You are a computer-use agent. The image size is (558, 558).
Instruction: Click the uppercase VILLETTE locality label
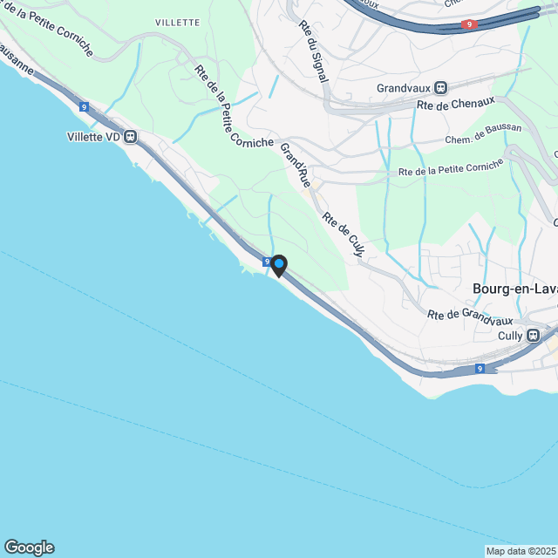(177, 22)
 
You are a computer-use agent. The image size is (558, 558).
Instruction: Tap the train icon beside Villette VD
(131, 136)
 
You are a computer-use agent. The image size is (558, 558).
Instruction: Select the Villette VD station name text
(93, 136)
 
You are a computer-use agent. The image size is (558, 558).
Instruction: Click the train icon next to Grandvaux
(441, 88)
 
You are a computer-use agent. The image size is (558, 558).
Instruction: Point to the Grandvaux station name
(404, 88)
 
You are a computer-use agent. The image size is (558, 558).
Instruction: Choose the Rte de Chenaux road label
(451, 106)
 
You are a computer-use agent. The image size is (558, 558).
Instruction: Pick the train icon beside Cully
(538, 335)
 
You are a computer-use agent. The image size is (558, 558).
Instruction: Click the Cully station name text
(510, 335)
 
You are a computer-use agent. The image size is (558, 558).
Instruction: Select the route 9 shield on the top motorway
(471, 25)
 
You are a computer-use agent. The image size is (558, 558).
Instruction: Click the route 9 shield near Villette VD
(84, 106)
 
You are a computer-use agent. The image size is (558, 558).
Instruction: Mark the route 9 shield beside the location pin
(267, 261)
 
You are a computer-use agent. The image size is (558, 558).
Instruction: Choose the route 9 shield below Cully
(480, 369)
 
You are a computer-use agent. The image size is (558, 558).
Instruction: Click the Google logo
(29, 548)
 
